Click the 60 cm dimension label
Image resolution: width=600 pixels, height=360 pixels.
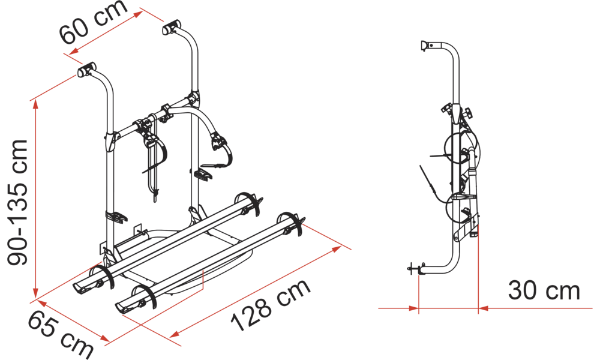pyautogui.click(x=93, y=22)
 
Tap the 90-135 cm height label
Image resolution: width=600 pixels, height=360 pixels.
pyautogui.click(x=17, y=202)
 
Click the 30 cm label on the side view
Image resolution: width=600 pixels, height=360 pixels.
pyautogui.click(x=544, y=291)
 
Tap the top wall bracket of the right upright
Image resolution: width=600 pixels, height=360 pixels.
pyautogui.click(x=172, y=28)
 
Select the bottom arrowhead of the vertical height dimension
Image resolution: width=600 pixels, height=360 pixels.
pyautogui.click(x=35, y=293)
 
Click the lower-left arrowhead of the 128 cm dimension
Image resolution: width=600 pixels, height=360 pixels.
pyautogui.click(x=175, y=334)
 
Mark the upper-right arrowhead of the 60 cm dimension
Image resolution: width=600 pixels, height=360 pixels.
pyautogui.click(x=138, y=14)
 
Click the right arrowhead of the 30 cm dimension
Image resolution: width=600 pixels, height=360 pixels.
pyautogui.click(x=483, y=308)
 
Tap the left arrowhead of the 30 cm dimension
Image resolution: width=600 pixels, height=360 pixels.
pyautogui.click(x=413, y=308)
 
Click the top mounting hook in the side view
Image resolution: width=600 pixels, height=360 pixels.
pyautogui.click(x=425, y=46)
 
